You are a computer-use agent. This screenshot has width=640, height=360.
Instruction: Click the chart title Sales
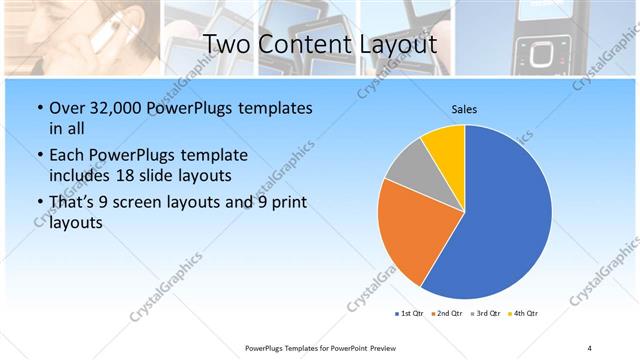pos(464,109)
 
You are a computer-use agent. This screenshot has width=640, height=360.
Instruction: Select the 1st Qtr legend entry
pos(411,314)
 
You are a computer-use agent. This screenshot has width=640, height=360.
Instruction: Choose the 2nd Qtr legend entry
pos(447,314)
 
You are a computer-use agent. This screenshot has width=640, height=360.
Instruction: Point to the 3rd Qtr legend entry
pos(485,314)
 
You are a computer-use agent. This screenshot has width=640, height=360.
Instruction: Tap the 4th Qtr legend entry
pos(523,314)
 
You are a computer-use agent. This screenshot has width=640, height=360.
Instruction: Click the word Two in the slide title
pos(227,45)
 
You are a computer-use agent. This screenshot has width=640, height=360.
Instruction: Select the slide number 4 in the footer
pos(590,347)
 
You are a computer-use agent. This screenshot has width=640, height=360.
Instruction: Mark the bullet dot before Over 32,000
pos(38,108)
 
